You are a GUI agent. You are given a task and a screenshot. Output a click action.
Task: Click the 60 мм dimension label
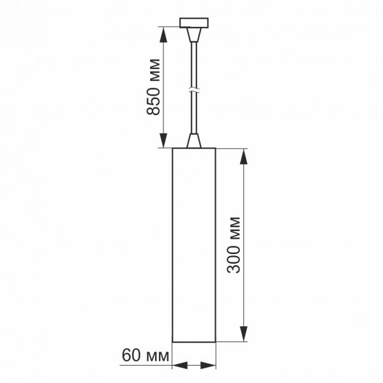(x=144, y=356)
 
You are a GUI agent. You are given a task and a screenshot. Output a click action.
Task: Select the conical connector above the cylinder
(x=194, y=140)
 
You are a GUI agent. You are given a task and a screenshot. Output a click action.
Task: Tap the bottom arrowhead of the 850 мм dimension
(x=163, y=141)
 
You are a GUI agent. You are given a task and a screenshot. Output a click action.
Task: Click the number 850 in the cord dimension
(x=153, y=100)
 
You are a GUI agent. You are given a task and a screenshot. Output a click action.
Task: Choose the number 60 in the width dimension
(x=130, y=356)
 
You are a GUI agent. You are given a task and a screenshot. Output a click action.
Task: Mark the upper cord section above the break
(x=194, y=61)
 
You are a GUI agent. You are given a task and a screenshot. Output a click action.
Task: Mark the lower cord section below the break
(x=194, y=115)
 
